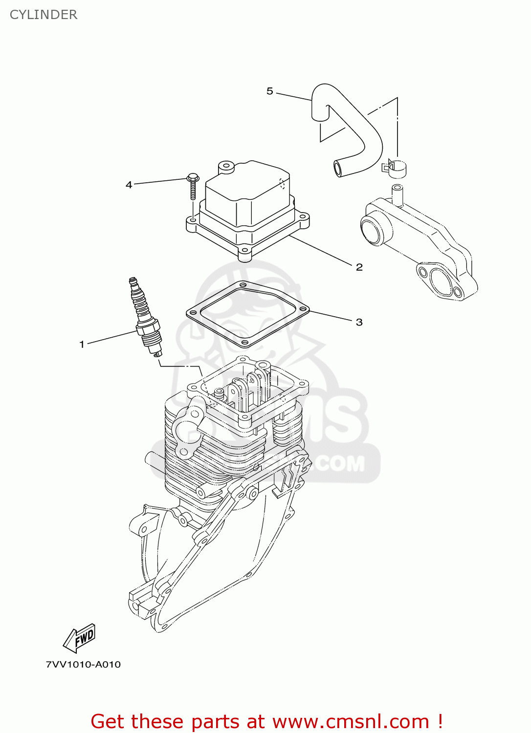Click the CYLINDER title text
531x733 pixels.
(44, 15)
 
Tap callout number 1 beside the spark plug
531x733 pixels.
(82, 345)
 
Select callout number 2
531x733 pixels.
(359, 267)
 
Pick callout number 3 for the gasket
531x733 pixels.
(359, 322)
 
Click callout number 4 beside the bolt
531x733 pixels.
(129, 185)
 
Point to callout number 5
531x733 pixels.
(270, 91)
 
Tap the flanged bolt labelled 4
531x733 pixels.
(193, 186)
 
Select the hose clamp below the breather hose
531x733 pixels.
(395, 167)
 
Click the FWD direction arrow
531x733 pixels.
(80, 638)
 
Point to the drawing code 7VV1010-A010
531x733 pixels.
(83, 665)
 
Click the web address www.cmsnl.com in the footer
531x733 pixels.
(350, 722)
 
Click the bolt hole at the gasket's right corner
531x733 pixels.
(303, 309)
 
